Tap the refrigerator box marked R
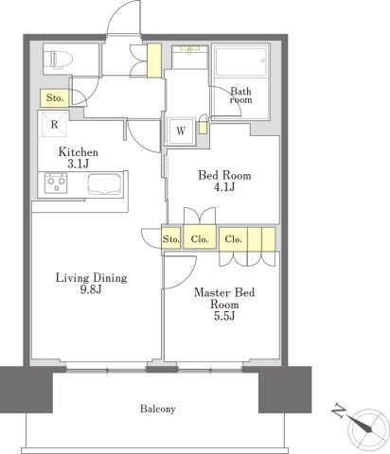click(x=54, y=124)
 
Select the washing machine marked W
click(x=181, y=131)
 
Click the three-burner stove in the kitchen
click(x=56, y=183)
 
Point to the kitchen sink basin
click(x=104, y=183)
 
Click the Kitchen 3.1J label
click(x=79, y=158)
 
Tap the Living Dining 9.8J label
click(x=92, y=283)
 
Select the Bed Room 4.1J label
click(x=224, y=181)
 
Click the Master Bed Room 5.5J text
click(x=224, y=304)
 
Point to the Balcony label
click(x=158, y=409)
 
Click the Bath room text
click(x=241, y=96)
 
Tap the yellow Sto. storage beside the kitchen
click(x=54, y=97)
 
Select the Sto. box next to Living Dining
click(x=171, y=238)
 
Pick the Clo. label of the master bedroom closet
click(x=233, y=239)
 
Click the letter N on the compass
click(x=339, y=410)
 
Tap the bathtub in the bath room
click(x=241, y=61)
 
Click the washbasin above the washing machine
click(x=190, y=57)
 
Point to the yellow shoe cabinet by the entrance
click(x=154, y=61)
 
